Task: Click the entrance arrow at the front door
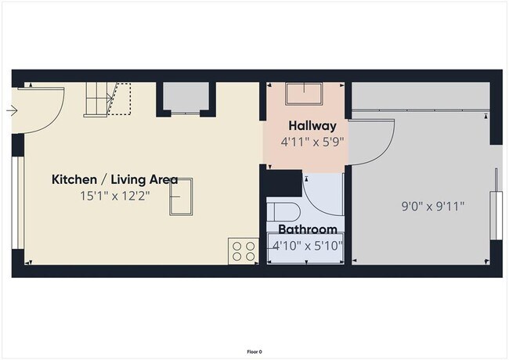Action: click(11, 110)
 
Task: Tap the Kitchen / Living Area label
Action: click(114, 180)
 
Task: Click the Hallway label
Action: click(312, 125)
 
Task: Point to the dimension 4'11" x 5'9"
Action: click(312, 142)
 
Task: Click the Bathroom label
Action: click(308, 229)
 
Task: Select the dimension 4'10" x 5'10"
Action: click(307, 246)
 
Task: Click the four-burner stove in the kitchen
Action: click(244, 250)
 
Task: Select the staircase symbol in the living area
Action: click(106, 99)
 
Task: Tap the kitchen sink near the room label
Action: click(181, 196)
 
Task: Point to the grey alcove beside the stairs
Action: click(186, 98)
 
